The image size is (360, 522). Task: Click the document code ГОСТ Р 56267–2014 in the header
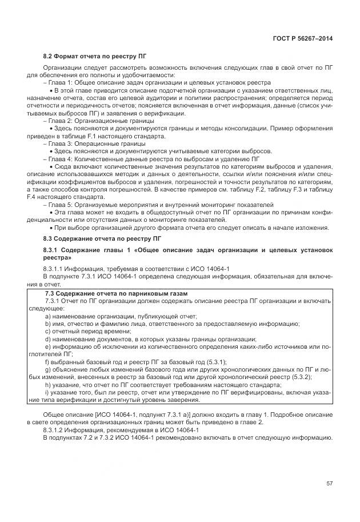[303, 38]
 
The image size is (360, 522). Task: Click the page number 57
[329, 484]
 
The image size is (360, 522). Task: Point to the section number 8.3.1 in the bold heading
[53, 250]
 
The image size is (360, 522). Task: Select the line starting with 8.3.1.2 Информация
[121, 429]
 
